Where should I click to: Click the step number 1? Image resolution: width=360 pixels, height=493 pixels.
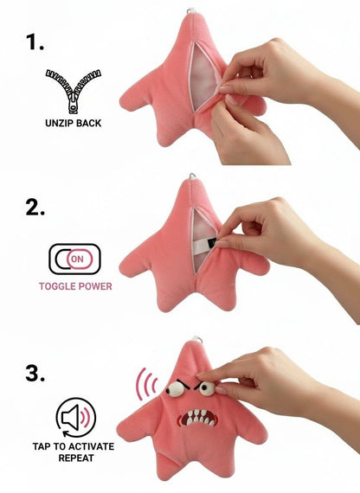pyautogui.click(x=35, y=42)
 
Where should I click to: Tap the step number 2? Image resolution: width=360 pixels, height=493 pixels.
pyautogui.click(x=35, y=208)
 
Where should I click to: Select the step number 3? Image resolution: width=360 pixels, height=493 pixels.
pyautogui.click(x=35, y=374)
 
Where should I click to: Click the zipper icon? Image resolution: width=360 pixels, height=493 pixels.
pyautogui.click(x=74, y=91)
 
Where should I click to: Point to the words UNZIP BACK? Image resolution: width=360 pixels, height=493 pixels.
pyautogui.click(x=74, y=123)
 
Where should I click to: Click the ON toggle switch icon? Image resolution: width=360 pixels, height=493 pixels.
pyautogui.click(x=75, y=259)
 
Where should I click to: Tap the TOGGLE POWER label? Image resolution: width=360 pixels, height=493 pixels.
pyautogui.click(x=75, y=286)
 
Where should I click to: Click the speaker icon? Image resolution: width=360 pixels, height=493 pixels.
pyautogui.click(x=76, y=418)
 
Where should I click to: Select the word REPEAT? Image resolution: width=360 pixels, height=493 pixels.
pyautogui.click(x=76, y=458)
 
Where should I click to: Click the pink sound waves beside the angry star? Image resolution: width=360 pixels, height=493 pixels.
pyautogui.click(x=145, y=384)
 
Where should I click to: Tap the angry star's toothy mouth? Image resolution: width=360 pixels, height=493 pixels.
pyautogui.click(x=197, y=418)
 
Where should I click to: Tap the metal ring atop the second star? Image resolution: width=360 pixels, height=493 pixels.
pyautogui.click(x=192, y=176)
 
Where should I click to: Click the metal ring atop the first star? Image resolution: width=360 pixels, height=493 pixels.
pyautogui.click(x=190, y=11)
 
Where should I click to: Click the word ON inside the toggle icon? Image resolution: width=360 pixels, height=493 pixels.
pyautogui.click(x=77, y=259)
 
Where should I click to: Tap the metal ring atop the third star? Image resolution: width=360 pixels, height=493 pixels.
pyautogui.click(x=196, y=340)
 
